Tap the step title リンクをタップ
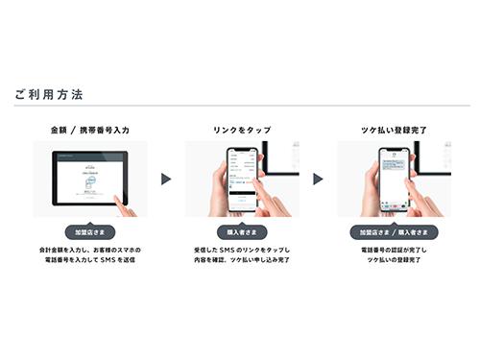coord(240,128)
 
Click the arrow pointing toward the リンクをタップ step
coord(165,180)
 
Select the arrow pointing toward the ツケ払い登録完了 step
coord(317,180)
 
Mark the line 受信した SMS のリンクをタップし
coord(240,250)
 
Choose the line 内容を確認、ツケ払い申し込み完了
coord(240,260)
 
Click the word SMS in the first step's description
coord(111,260)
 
